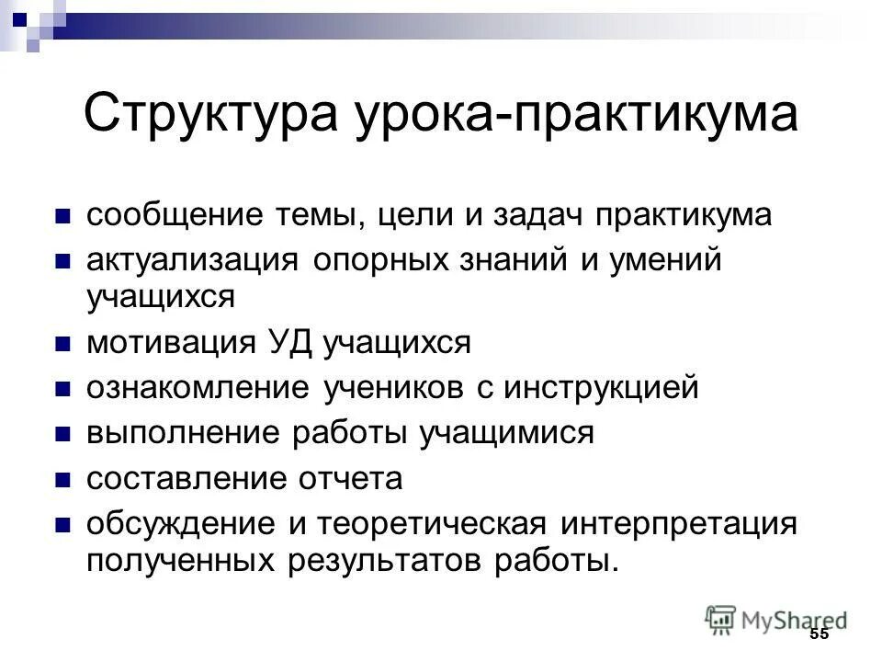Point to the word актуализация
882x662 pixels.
pos(191,261)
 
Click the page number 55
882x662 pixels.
pos(819,635)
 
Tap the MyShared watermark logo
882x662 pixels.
pos(775,619)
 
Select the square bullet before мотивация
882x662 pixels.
pos(63,345)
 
